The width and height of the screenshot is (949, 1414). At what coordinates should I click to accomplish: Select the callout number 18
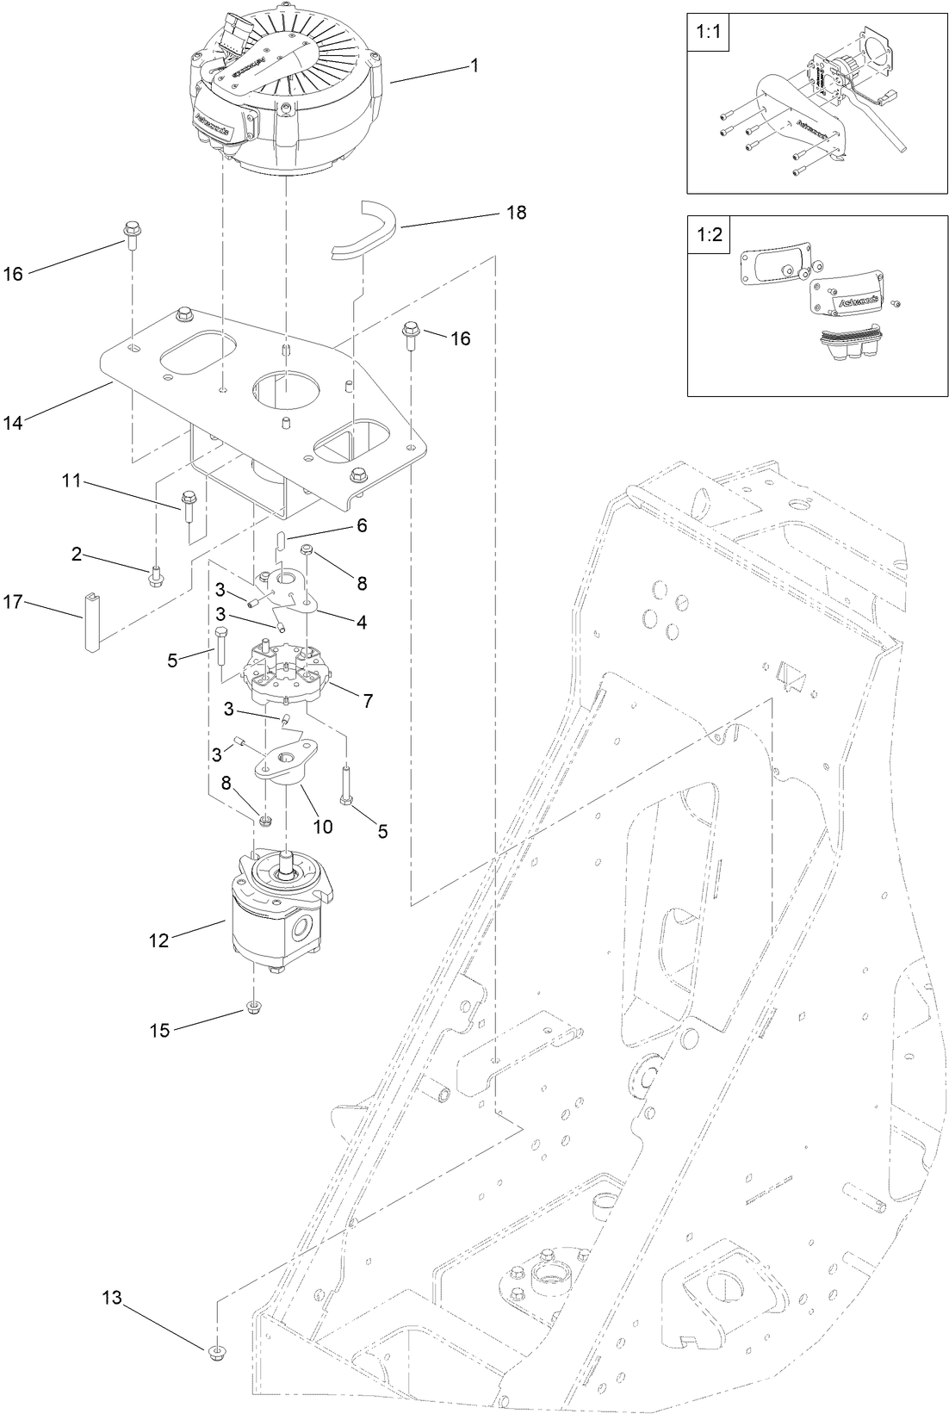[x=516, y=213]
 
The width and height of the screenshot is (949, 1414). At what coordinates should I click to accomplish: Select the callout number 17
[x=13, y=603]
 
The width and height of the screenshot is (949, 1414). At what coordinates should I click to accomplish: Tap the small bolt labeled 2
[x=156, y=575]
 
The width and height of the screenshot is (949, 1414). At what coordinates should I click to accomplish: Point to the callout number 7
[x=368, y=701]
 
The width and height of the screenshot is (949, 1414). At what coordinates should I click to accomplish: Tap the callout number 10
[x=322, y=827]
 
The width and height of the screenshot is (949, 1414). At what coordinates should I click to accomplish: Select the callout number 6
[x=362, y=524]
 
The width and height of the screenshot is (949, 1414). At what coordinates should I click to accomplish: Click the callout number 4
[x=362, y=621]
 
